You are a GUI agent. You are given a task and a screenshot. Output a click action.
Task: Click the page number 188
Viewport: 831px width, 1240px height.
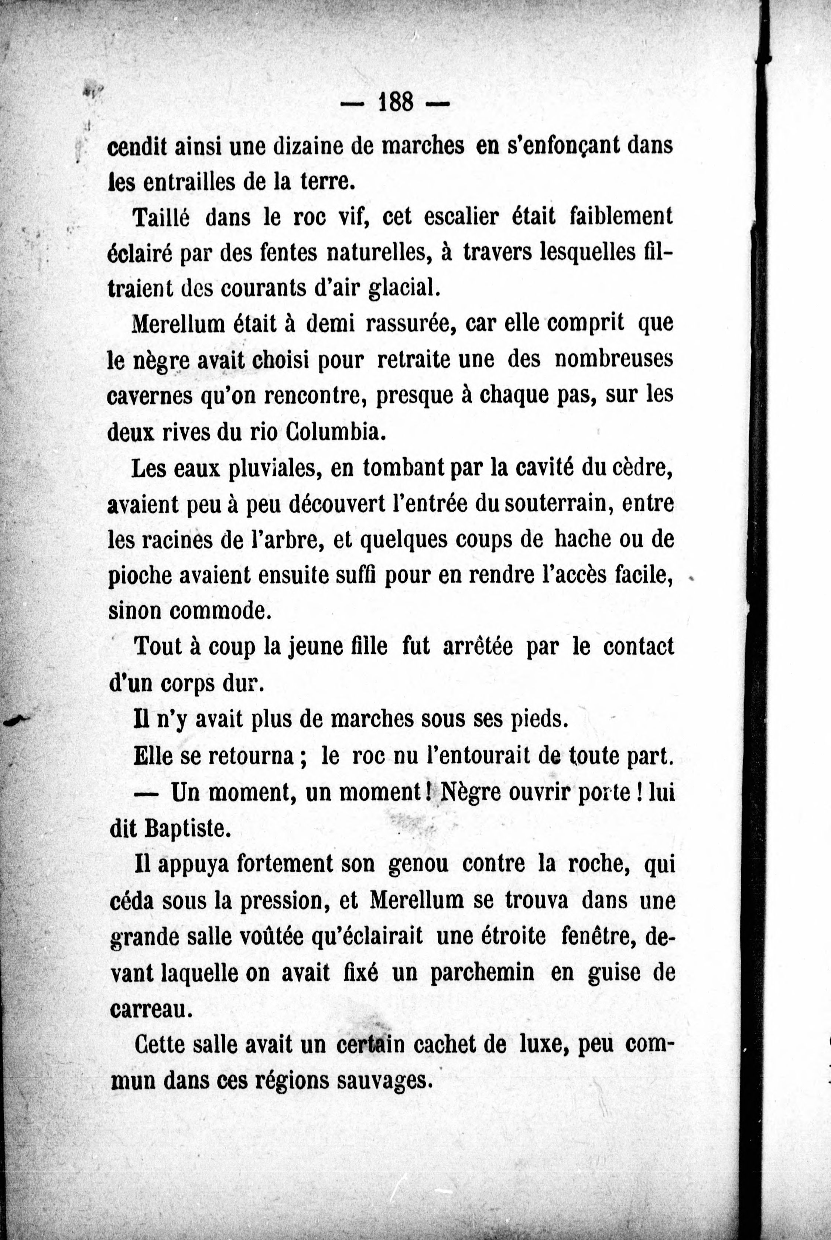point(395,101)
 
